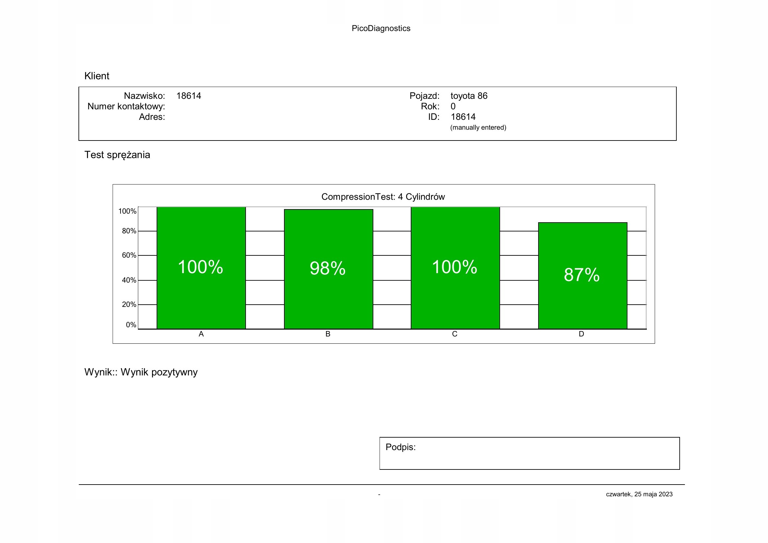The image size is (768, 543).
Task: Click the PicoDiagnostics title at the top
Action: click(381, 29)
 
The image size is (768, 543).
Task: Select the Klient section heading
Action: click(97, 76)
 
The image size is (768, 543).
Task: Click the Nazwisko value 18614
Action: click(189, 96)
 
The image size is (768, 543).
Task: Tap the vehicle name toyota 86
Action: click(469, 96)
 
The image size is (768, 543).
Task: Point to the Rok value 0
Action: click(453, 106)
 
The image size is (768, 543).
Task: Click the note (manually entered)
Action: click(478, 127)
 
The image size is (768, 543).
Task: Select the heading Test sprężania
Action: click(117, 155)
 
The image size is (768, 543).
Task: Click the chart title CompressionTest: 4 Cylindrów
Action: click(383, 197)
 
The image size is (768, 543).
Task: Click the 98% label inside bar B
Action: click(327, 268)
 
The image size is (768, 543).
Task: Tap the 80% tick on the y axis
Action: click(129, 231)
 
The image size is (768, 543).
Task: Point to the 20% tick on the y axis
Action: click(129, 305)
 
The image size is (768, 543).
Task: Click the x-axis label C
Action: click(454, 334)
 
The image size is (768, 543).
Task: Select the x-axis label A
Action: click(201, 334)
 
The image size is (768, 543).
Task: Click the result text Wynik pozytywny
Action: click(159, 372)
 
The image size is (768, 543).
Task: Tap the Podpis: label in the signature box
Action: click(400, 447)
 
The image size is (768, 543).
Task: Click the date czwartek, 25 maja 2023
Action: click(639, 494)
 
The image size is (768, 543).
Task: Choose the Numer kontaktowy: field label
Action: click(126, 106)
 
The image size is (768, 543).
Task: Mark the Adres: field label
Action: click(152, 117)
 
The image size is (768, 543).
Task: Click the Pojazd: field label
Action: click(424, 96)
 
